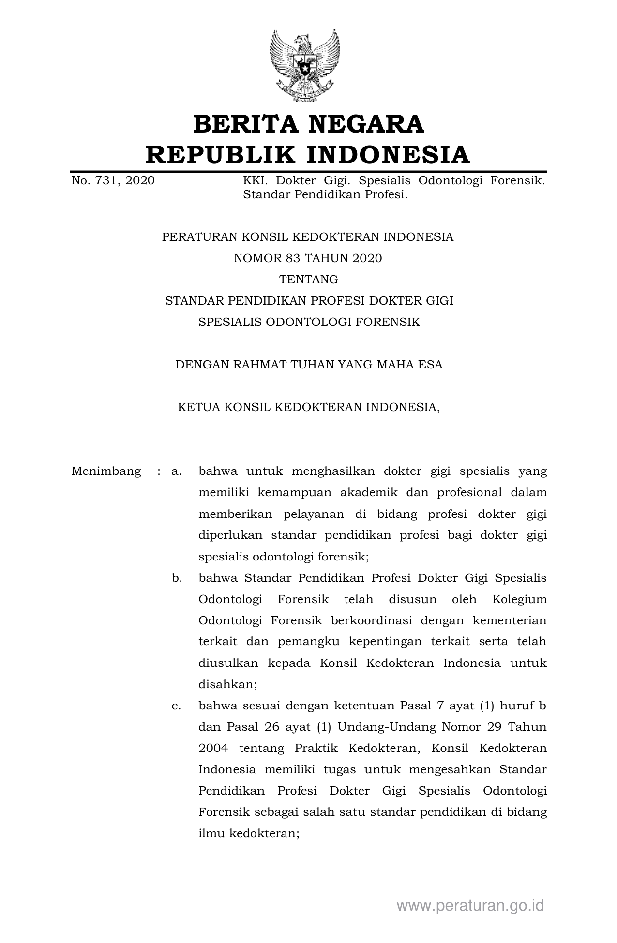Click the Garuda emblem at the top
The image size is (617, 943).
tap(305, 64)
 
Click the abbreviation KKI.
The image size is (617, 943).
tap(255, 181)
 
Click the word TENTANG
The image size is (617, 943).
tap(308, 280)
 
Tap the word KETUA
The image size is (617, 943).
tap(198, 407)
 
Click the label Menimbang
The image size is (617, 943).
tap(106, 471)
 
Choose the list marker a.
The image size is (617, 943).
tap(176, 471)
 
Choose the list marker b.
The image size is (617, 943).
tap(177, 578)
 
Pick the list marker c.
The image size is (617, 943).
tap(176, 706)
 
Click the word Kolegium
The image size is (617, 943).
tap(519, 599)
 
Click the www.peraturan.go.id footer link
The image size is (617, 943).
tap(470, 905)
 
